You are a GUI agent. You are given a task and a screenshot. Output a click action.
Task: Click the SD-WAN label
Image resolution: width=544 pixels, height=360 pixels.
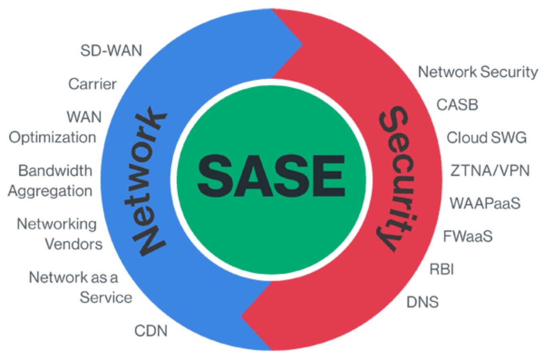point(111,51)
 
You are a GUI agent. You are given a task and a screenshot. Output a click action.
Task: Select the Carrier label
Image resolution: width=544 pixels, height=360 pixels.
point(92,84)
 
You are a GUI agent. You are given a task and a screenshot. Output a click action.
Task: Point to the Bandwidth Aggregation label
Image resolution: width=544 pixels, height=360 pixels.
point(50,181)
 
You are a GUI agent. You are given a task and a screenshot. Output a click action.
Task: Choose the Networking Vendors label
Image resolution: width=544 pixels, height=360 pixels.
point(59,234)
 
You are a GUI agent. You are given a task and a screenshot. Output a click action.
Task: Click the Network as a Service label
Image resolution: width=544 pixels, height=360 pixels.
point(80,287)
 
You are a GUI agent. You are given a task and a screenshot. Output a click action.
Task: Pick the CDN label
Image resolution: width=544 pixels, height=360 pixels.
point(151,331)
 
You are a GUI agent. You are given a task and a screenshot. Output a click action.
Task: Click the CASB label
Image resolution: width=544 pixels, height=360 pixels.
point(457,105)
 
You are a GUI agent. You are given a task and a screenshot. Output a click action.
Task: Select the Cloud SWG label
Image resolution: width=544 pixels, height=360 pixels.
point(486,138)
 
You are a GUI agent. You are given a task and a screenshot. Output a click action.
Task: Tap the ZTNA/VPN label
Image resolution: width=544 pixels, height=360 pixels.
point(490,171)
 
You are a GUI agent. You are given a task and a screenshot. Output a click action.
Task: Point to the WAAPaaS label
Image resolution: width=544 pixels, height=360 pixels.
point(485,204)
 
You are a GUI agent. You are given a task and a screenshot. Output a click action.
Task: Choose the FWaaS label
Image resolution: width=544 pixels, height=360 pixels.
point(468,236)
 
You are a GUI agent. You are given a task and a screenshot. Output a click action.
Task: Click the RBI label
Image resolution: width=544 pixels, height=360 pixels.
point(442,269)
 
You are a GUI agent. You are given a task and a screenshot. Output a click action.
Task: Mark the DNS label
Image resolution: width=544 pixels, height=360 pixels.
point(422,302)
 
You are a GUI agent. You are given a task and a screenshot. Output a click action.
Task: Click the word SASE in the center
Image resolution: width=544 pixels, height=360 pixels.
point(271,176)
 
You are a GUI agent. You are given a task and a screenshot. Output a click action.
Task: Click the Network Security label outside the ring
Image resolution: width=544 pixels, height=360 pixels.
point(478,72)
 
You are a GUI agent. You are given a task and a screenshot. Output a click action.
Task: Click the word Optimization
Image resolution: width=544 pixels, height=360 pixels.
point(52,138)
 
